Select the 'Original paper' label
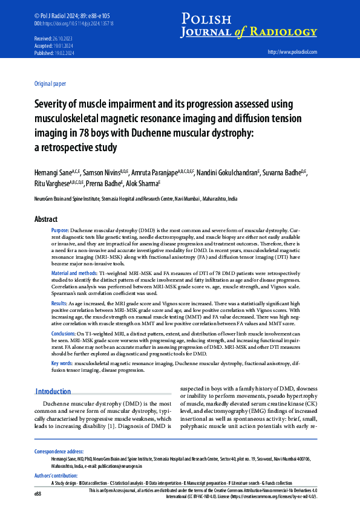(51, 84)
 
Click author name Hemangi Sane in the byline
(53, 172)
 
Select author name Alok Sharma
(142, 184)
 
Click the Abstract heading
(46, 219)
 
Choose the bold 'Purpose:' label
(60, 231)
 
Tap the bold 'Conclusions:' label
(64, 333)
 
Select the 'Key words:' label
(62, 363)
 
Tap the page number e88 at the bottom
(38, 494)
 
